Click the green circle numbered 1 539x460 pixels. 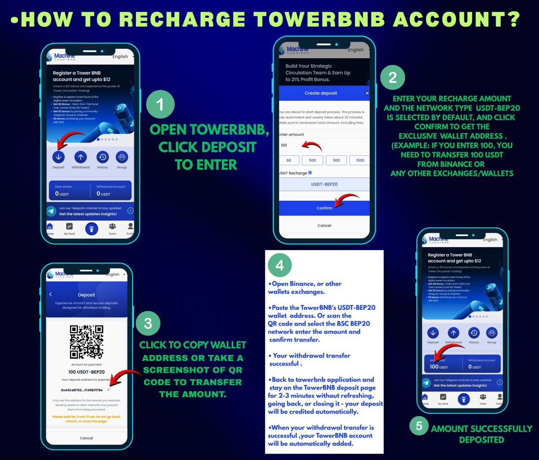coord(160,104)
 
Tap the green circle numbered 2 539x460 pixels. coord(392,78)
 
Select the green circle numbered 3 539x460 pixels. coord(148,323)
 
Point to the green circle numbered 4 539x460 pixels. coord(280,265)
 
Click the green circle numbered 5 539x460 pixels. coord(419,425)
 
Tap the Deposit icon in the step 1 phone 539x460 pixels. coord(59,157)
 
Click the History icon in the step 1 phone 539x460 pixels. coord(102,157)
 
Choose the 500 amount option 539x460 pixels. coord(312,160)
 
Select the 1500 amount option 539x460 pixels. coord(360,160)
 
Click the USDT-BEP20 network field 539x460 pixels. coord(324,184)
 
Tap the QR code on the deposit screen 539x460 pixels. coord(86,342)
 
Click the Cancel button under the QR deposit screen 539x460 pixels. coord(86,438)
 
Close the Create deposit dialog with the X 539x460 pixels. coord(367,93)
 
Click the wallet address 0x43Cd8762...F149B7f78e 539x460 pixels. coord(82,390)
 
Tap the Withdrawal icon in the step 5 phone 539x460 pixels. coord(453,333)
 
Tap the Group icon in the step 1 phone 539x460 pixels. coord(122,157)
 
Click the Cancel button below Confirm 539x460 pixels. coord(324,226)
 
